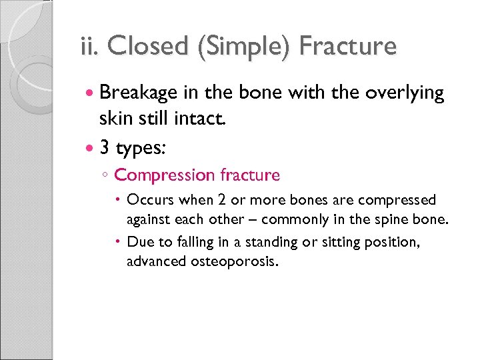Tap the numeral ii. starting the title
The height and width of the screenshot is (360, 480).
(88, 47)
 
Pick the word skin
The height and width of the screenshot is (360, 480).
(115, 119)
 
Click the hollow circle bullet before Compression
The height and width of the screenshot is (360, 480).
(105, 176)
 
